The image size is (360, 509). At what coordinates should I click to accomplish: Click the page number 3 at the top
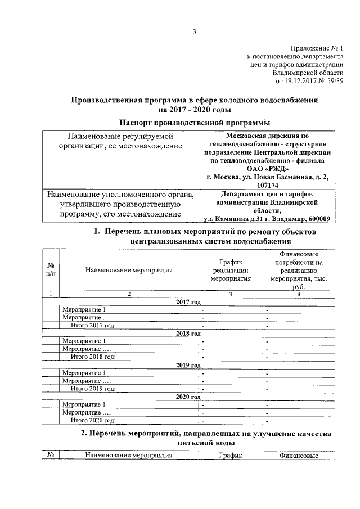click(x=194, y=31)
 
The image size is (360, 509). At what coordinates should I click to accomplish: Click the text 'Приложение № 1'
click(x=316, y=49)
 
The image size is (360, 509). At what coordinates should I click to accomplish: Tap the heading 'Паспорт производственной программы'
click(x=194, y=122)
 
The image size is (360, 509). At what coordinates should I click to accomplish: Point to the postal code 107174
click(x=267, y=184)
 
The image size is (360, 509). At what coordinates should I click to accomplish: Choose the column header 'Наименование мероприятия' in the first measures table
click(x=129, y=270)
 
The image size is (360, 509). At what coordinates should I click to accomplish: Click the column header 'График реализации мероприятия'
click(x=229, y=270)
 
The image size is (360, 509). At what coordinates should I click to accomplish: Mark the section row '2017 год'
click(x=188, y=302)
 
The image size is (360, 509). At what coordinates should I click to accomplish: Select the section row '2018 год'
click(x=188, y=334)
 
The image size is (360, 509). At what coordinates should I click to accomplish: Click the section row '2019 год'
click(x=188, y=365)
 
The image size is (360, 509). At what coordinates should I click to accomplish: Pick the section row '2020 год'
click(x=188, y=397)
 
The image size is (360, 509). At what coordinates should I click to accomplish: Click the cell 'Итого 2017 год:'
click(x=93, y=326)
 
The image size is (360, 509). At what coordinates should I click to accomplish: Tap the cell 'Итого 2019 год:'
click(x=93, y=389)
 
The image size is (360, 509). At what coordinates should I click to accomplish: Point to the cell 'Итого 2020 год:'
click(x=93, y=420)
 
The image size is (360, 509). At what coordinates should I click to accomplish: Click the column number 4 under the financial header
click(x=299, y=294)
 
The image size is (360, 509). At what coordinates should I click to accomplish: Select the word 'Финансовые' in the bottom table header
click(x=298, y=456)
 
